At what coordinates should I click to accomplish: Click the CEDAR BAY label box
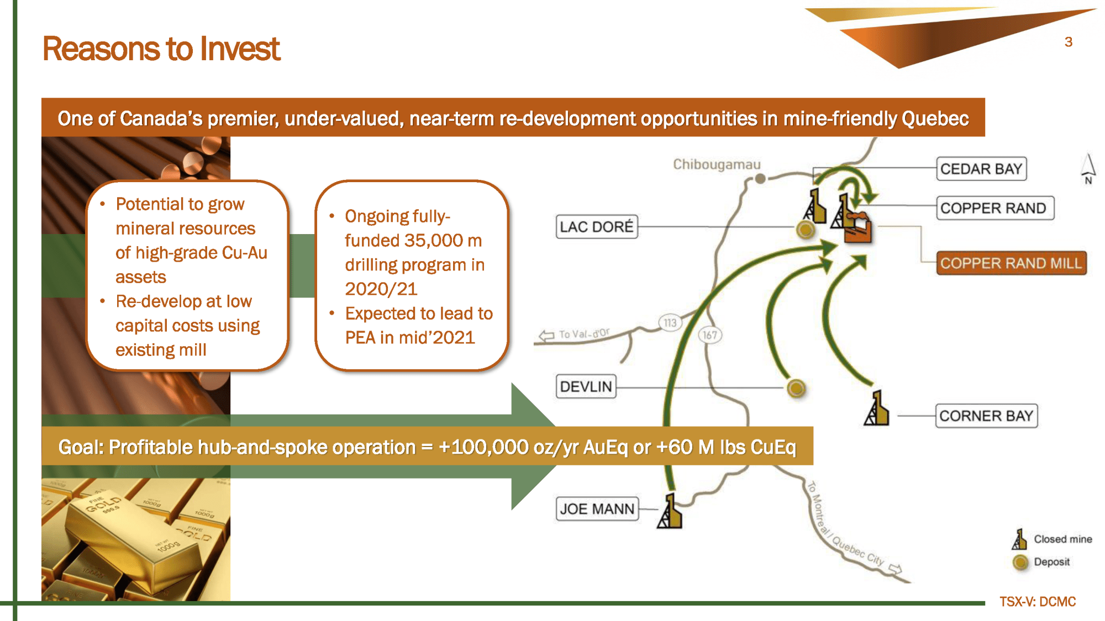(x=981, y=169)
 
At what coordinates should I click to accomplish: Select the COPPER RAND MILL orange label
(x=1011, y=263)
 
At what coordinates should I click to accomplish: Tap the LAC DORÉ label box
(x=597, y=227)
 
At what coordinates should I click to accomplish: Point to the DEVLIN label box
(x=586, y=386)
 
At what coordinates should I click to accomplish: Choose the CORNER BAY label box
(x=986, y=416)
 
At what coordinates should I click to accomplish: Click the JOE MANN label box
(x=597, y=509)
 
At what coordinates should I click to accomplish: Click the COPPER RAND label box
(x=994, y=208)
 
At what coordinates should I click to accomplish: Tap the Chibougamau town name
(x=717, y=164)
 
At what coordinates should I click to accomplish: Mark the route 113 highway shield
(x=670, y=322)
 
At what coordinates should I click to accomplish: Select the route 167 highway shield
(x=710, y=335)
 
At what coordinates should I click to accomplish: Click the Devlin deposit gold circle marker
(x=796, y=388)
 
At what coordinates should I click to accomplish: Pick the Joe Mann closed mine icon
(x=670, y=511)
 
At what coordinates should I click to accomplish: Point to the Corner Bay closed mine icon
(x=876, y=408)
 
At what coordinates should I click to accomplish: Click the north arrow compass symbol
(x=1088, y=169)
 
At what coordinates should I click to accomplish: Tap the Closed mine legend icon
(x=1019, y=539)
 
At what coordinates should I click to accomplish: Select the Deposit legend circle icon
(x=1020, y=562)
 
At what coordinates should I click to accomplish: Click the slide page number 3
(x=1069, y=42)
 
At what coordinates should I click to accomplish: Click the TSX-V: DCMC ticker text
(x=1038, y=602)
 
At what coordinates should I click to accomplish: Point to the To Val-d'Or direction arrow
(x=546, y=336)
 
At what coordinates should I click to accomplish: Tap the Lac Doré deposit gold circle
(x=806, y=229)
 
